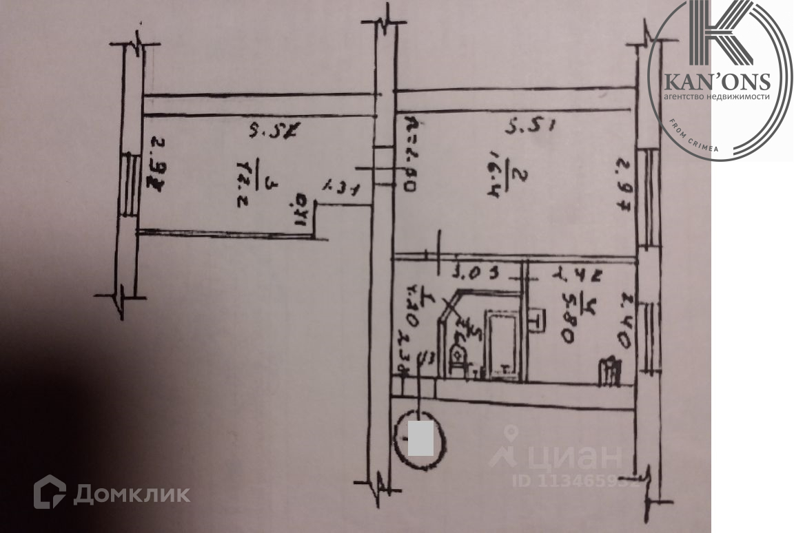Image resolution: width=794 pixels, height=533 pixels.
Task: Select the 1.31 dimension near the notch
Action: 343,187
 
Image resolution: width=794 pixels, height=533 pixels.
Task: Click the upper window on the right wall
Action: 647,196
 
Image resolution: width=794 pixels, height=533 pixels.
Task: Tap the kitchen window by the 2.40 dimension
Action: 648,337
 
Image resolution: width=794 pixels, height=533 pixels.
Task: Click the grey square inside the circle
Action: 420,438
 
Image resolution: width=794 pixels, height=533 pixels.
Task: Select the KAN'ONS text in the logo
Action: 716,82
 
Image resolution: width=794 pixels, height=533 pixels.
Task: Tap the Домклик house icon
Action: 50,492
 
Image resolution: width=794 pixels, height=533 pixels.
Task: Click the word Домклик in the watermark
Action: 131,494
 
